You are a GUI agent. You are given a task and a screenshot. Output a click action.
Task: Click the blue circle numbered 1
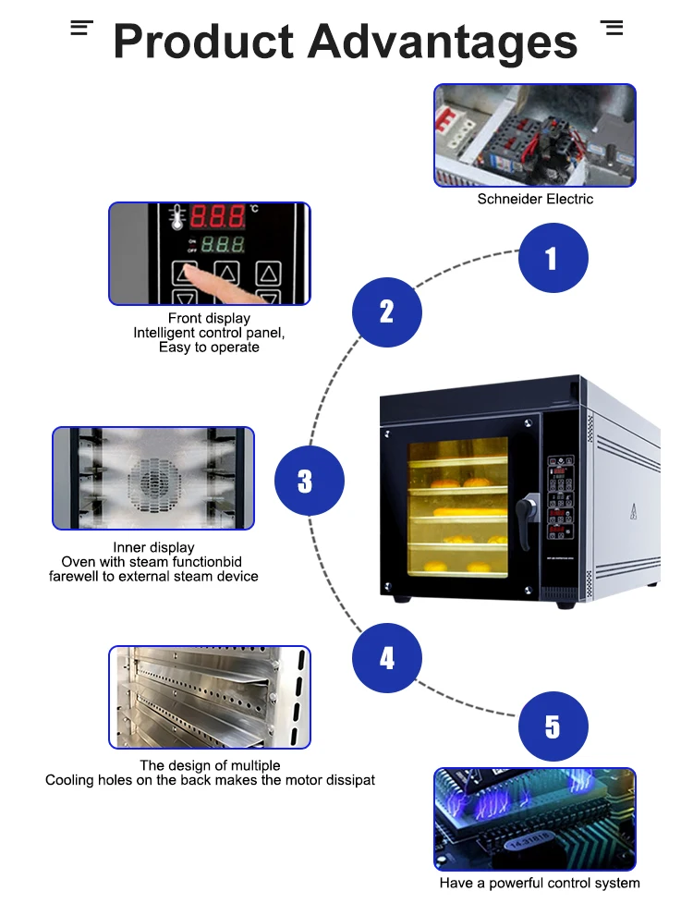[x=553, y=259]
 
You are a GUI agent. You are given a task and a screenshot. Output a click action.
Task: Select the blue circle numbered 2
[x=387, y=311]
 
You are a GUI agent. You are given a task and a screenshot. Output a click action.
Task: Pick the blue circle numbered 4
[x=387, y=658]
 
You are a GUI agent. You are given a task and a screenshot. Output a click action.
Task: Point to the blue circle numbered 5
[x=553, y=726]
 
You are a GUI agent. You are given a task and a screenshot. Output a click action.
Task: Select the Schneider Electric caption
[x=535, y=199]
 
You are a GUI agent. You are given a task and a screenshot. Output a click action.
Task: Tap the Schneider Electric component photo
[x=535, y=135]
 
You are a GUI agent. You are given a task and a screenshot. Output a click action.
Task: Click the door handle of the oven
[x=528, y=506]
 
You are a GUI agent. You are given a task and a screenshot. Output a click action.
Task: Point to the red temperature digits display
[x=218, y=217]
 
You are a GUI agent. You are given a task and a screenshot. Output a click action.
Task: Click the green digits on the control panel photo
[x=223, y=245]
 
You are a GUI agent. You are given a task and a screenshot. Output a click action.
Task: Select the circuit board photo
[x=535, y=819]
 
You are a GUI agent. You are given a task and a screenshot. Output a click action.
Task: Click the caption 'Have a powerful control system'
[x=539, y=884]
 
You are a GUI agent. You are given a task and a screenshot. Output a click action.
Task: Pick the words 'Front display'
[x=209, y=319]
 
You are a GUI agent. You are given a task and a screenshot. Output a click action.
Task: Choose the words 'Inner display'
[x=153, y=547]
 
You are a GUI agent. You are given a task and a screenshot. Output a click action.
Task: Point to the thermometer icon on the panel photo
[x=176, y=217]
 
